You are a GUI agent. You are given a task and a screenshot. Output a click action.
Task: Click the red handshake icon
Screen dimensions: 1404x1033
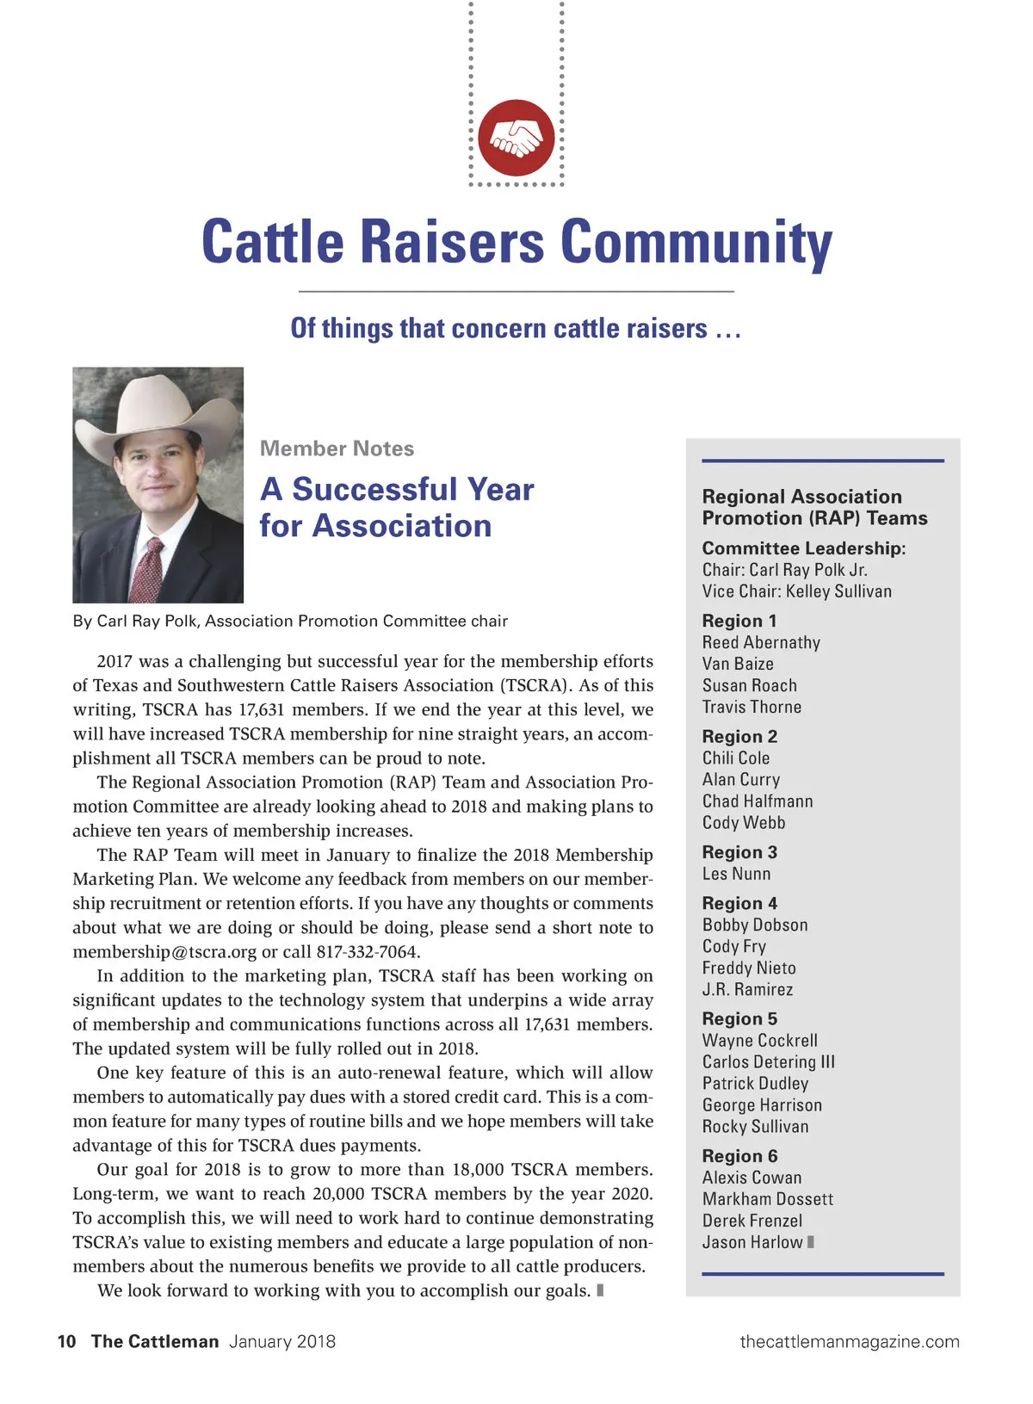tap(516, 138)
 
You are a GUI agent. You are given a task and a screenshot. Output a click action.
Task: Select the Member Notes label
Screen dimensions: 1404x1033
tap(337, 448)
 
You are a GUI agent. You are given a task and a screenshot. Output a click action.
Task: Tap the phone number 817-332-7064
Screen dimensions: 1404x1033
tap(368, 951)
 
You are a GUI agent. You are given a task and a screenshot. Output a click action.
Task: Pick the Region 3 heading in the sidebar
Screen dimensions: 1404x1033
tap(739, 852)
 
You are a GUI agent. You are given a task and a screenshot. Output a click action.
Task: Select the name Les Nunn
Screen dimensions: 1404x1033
tap(736, 874)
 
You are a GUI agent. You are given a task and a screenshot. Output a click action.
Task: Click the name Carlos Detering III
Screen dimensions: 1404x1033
tap(768, 1062)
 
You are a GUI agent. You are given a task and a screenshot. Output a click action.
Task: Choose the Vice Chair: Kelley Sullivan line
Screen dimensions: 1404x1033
tap(796, 591)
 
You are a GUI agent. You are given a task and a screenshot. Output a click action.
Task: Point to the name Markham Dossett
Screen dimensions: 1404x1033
tap(767, 1199)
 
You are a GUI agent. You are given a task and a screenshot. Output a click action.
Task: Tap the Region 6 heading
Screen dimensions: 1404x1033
tap(739, 1156)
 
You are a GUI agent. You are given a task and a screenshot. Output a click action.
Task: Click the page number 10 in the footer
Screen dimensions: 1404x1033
tap(66, 1341)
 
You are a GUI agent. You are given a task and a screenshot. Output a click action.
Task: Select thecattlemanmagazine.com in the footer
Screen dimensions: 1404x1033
tap(849, 1341)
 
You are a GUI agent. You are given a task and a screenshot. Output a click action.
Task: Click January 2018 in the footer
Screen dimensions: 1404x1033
tap(282, 1341)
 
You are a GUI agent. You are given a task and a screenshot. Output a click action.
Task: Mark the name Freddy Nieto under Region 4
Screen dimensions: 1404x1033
tap(749, 968)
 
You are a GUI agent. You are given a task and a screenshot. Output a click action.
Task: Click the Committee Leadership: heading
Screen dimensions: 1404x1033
tap(803, 548)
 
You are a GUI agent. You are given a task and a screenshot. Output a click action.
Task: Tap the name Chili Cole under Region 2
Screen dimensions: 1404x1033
tap(736, 758)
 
